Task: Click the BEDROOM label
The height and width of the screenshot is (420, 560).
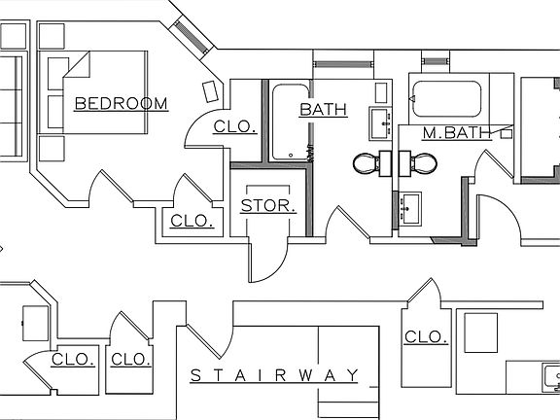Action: click(121, 103)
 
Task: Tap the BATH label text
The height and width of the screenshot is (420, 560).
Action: click(323, 110)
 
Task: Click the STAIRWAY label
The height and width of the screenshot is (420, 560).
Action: click(274, 375)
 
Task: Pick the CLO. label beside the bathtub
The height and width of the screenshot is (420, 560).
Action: click(233, 126)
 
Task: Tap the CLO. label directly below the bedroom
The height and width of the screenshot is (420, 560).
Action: click(192, 221)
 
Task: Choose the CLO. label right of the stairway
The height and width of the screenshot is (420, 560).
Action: click(425, 337)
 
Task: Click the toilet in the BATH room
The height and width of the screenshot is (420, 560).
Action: click(367, 163)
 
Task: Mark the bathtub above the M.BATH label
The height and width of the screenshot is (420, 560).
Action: click(446, 97)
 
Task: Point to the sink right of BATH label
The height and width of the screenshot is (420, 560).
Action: click(379, 123)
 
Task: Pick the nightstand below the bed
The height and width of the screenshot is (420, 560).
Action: click(51, 149)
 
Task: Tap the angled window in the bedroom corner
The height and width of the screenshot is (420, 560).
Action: click(191, 36)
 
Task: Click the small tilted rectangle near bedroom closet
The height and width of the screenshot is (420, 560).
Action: click(211, 92)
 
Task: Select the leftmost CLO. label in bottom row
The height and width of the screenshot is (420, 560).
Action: click(74, 359)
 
